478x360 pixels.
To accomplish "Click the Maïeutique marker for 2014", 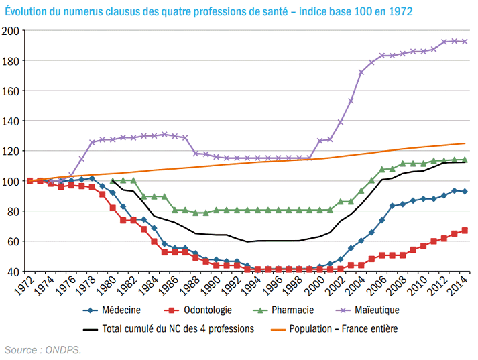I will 465,42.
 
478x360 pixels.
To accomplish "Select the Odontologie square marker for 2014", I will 465,231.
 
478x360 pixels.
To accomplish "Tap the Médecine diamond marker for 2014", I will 465,192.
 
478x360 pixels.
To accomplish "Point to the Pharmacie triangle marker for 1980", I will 113,181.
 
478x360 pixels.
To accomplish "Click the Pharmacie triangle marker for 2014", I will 465,160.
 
